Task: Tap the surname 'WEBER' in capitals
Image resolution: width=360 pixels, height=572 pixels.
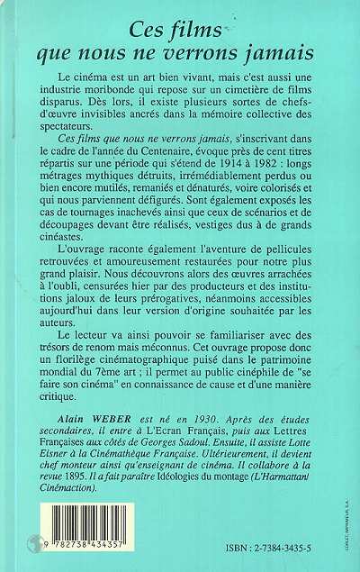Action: [x=114, y=429]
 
